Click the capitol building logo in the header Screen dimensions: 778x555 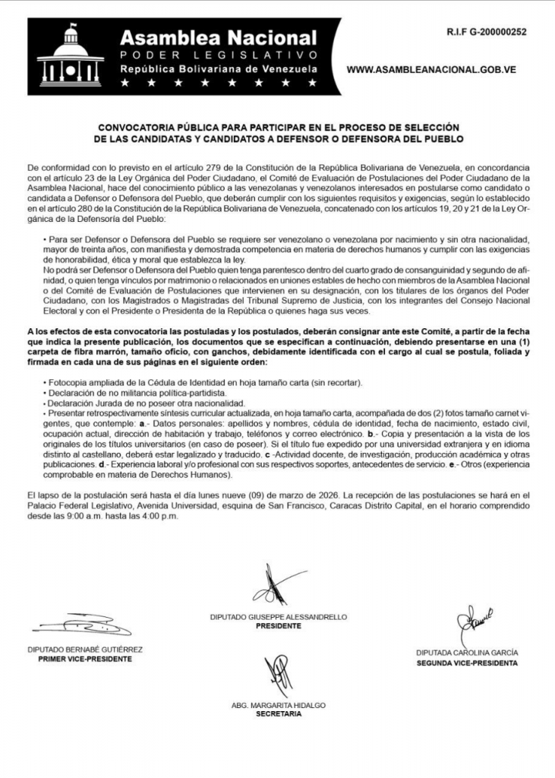(x=70, y=55)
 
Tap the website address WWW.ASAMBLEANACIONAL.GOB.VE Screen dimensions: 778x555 (x=430, y=69)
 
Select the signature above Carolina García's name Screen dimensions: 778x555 (x=471, y=625)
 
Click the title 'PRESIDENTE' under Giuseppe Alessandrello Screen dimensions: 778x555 (x=278, y=627)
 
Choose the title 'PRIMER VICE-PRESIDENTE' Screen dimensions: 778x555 (x=84, y=659)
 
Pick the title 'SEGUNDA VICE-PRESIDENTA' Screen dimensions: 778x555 (x=467, y=663)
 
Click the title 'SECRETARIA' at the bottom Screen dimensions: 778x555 (x=278, y=714)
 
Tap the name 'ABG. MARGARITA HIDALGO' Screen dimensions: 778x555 (x=278, y=705)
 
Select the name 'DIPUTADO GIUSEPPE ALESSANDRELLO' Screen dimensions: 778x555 (x=278, y=618)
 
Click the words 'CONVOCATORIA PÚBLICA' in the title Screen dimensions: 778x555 (x=159, y=127)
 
